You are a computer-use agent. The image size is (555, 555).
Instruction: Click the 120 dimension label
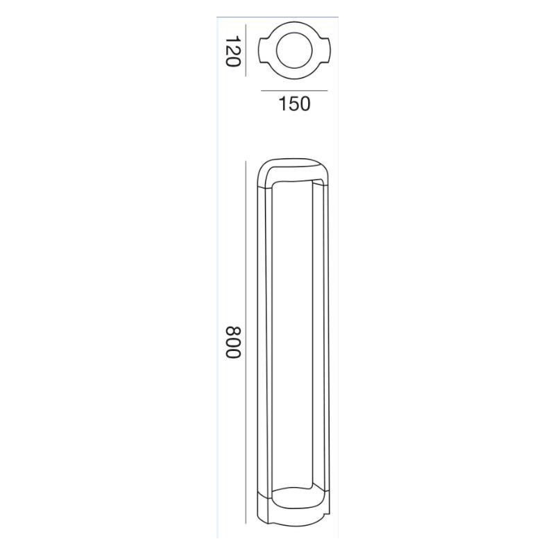coord(232,51)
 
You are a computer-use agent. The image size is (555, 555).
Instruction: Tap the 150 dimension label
coord(294,104)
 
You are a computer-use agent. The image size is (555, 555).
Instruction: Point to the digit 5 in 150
coord(293,104)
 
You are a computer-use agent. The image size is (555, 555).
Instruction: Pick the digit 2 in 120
coord(232,51)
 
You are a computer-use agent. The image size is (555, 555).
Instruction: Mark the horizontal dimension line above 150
coord(293,91)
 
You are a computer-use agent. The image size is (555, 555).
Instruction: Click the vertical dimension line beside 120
coord(247,50)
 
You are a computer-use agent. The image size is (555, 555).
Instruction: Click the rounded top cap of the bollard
coord(293,166)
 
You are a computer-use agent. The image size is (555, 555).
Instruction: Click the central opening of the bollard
coord(293,340)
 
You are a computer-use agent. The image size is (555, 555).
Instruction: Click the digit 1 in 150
coord(283,104)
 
